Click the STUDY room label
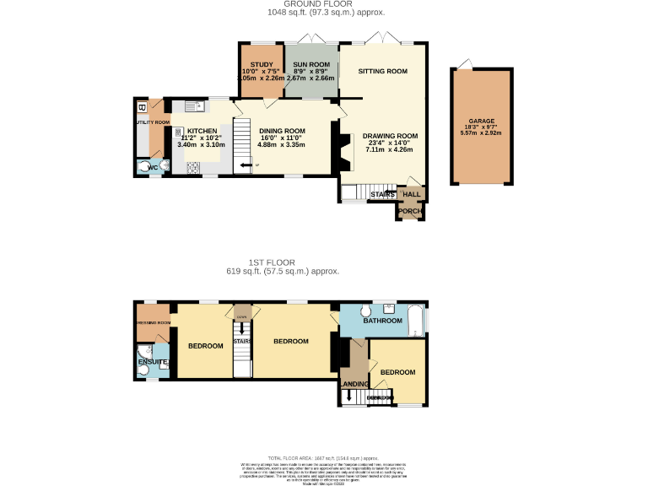261,64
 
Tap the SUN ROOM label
310,64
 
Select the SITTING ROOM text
382,72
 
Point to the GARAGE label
482,121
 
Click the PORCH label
410,211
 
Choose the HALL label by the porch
411,195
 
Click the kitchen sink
191,106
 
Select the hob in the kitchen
179,132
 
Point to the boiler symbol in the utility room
142,107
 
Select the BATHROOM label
383,321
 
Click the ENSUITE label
153,363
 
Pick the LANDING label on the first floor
353,385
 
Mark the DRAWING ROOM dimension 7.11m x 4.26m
391,150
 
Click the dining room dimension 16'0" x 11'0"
282,138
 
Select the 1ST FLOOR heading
283,262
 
